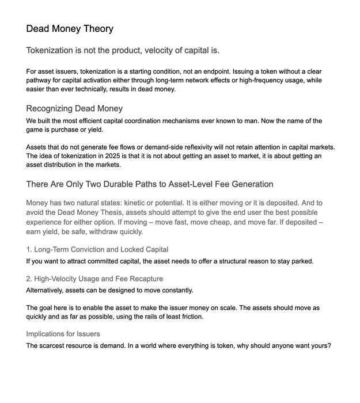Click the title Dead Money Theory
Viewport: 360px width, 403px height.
(70, 28)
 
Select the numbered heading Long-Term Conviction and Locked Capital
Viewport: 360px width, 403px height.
(97, 249)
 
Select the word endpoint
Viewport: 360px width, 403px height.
(223, 71)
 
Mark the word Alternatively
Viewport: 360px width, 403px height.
(49, 290)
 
